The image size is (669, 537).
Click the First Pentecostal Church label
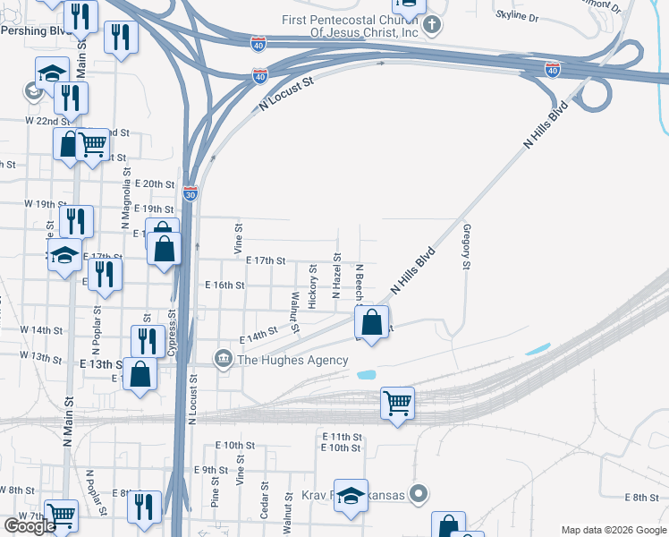pyautogui.click(x=350, y=26)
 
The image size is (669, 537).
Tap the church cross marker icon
pyautogui.click(x=432, y=25)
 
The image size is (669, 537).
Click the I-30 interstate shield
pyautogui.click(x=190, y=192)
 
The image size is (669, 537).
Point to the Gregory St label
pyautogui.click(x=466, y=247)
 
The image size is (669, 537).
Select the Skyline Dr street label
pyautogui.click(x=517, y=17)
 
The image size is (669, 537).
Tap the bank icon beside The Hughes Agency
pyautogui.click(x=223, y=360)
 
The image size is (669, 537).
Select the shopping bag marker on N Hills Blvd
pyautogui.click(x=374, y=320)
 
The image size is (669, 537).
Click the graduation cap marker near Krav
pyautogui.click(x=351, y=496)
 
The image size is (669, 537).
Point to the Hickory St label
pyautogui.click(x=312, y=286)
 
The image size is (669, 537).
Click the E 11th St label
pyautogui.click(x=341, y=437)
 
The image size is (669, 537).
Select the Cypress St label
pyautogui.click(x=172, y=334)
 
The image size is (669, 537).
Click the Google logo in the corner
pyautogui.click(x=30, y=526)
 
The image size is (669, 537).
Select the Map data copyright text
pyautogui.click(x=614, y=530)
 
